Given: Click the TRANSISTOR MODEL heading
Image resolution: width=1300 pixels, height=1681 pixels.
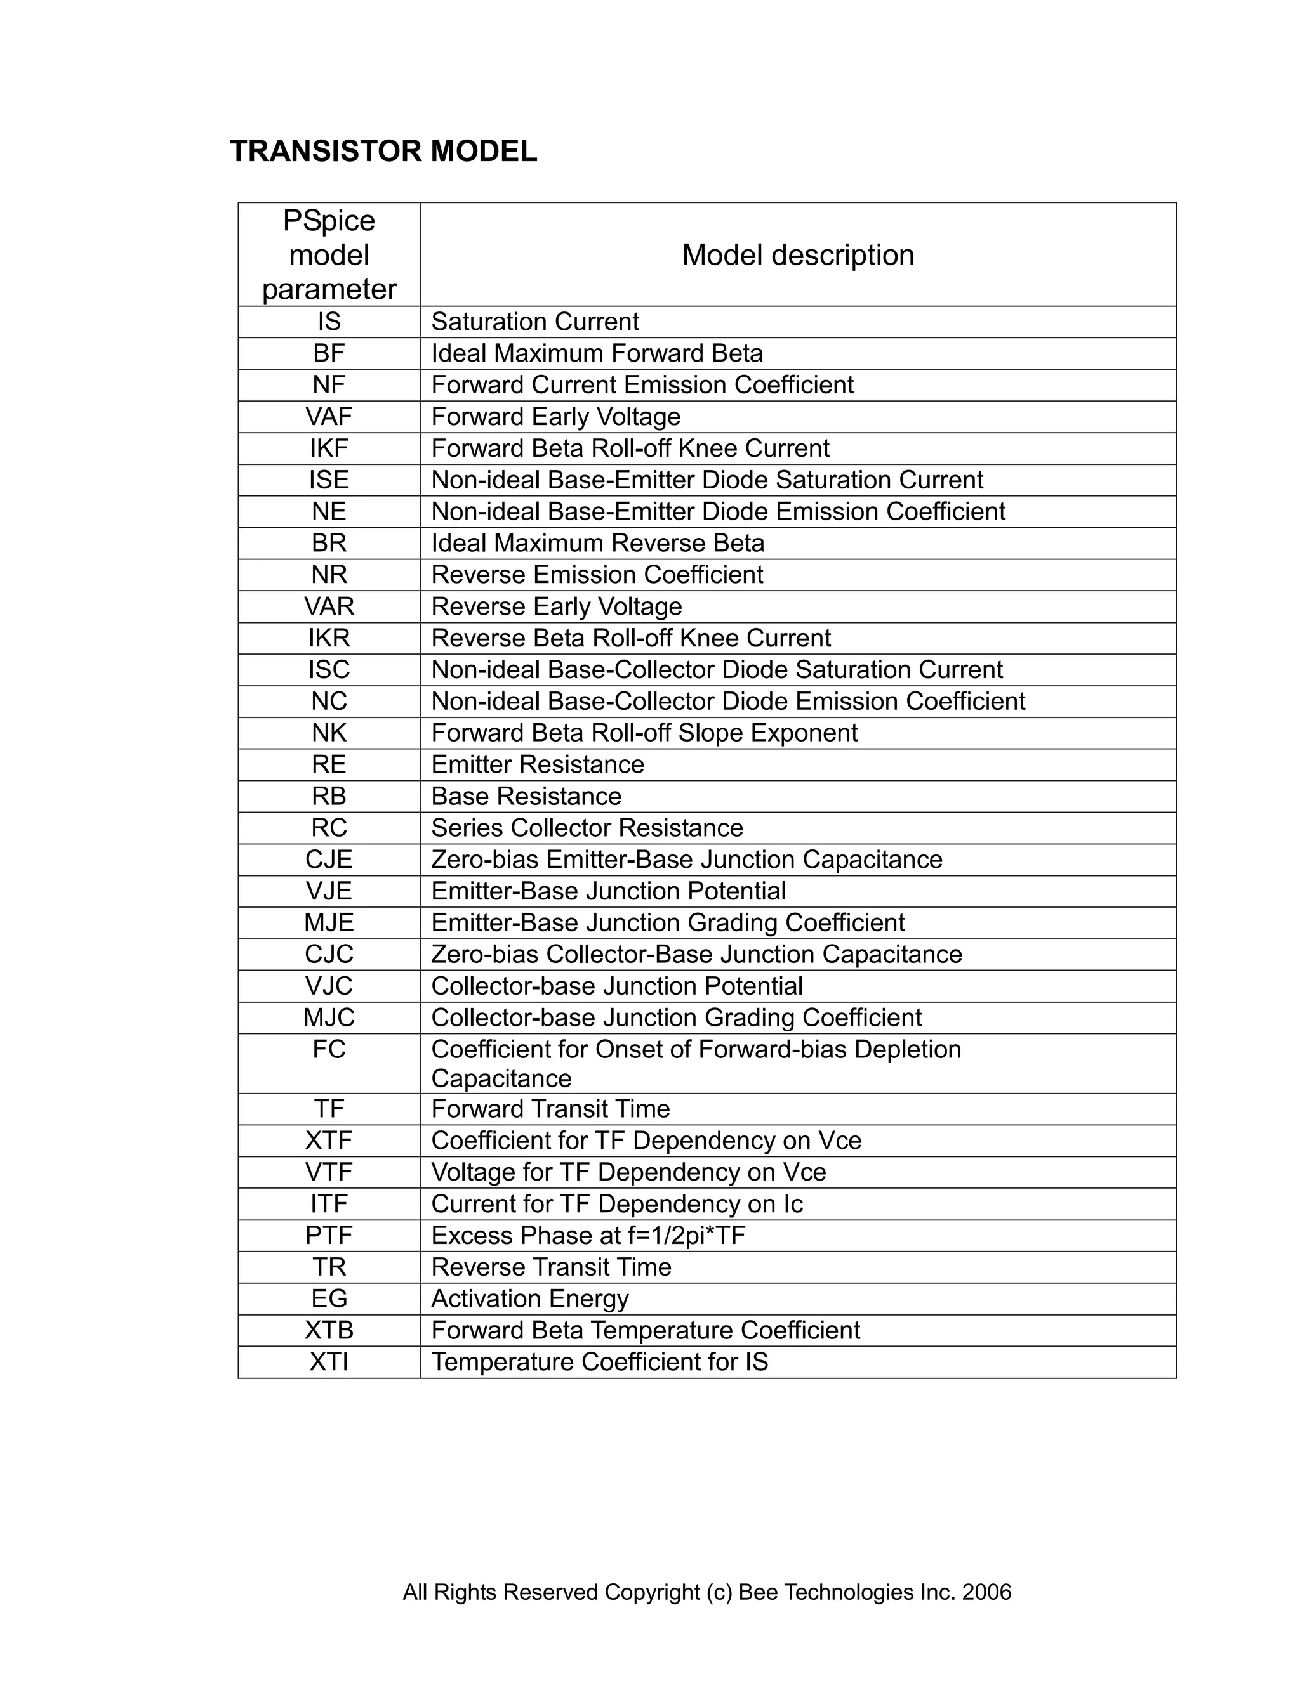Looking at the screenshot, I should point(383,152).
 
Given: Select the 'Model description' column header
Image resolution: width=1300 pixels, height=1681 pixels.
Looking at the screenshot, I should point(798,255).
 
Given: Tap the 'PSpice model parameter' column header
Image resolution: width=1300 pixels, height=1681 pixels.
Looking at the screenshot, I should point(329,255).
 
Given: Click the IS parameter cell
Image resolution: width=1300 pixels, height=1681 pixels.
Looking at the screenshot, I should point(329,322).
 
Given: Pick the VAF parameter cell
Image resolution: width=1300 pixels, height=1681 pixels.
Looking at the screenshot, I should point(329,416).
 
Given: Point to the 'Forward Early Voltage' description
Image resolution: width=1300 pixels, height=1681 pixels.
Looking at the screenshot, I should point(555,416).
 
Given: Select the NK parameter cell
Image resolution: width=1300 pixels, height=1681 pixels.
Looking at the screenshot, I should point(329,733).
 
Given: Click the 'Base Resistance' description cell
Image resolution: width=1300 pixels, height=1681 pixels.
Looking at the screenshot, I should point(526,796).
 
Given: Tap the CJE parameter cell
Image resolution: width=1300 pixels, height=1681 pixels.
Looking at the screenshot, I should point(329,859).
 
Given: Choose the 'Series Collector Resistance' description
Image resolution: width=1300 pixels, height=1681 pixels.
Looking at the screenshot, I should point(587,827).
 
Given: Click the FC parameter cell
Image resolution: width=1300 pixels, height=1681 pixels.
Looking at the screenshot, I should point(329,1049).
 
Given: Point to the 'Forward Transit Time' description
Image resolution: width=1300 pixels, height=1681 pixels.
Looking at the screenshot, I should point(550,1108).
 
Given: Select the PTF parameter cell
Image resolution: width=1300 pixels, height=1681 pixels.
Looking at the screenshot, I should point(329,1235).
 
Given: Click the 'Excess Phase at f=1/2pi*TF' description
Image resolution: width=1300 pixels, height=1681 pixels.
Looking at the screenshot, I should point(588,1235).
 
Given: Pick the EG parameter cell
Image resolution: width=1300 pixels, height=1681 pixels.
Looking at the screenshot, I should point(329,1298).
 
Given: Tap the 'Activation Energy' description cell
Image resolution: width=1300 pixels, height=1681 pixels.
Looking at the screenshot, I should point(530,1298).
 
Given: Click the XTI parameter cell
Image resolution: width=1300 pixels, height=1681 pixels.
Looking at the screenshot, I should point(329,1361).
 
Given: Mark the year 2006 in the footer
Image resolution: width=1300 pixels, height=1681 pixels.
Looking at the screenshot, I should point(986,1592).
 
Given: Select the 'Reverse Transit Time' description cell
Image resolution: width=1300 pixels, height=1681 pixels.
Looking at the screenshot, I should point(552,1267).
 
